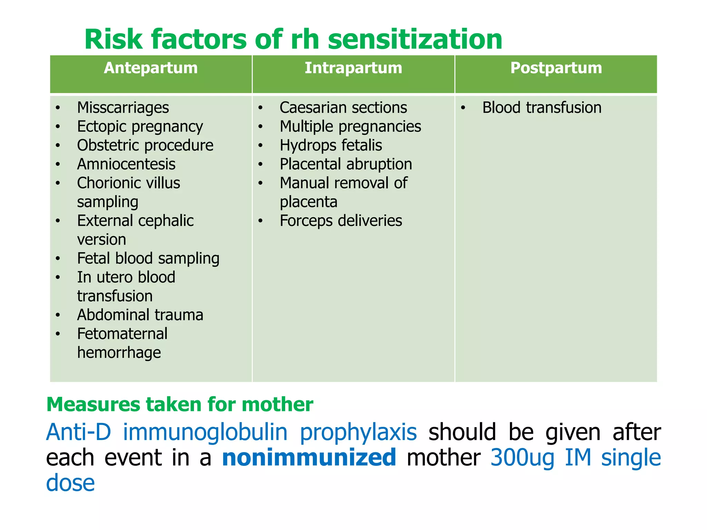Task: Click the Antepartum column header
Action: pyautogui.click(x=151, y=68)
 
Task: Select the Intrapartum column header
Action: pyautogui.click(x=353, y=68)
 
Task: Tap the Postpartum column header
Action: pyautogui.click(x=556, y=68)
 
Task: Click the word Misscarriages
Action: pyautogui.click(x=123, y=108)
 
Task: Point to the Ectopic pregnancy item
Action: pyautogui.click(x=140, y=127)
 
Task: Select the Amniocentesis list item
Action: pyautogui.click(x=126, y=164)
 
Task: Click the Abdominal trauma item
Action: pyautogui.click(x=140, y=315)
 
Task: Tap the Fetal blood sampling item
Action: pyautogui.click(x=148, y=258)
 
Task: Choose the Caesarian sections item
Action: pyautogui.click(x=343, y=108)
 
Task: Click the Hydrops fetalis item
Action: pyautogui.click(x=331, y=145)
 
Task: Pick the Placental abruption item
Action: pyautogui.click(x=346, y=164)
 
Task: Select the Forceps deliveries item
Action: pyautogui.click(x=341, y=221)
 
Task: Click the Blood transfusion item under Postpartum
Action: pyautogui.click(x=542, y=108)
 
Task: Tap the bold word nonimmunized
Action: pyautogui.click(x=309, y=458)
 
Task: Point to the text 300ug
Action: pyautogui.click(x=522, y=458)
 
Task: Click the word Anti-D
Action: pyautogui.click(x=79, y=432)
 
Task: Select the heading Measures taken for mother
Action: pyautogui.click(x=180, y=404)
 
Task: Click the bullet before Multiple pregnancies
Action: pyautogui.click(x=261, y=127)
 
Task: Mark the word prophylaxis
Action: pyautogui.click(x=358, y=433)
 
